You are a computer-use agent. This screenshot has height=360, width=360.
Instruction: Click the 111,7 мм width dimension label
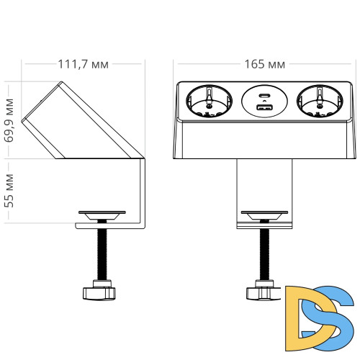[x=84, y=64]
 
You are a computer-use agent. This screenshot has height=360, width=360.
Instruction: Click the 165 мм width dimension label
[x=266, y=64]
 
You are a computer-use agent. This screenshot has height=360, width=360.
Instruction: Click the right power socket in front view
[x=318, y=102]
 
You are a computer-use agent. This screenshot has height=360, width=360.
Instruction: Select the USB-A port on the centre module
[x=263, y=108]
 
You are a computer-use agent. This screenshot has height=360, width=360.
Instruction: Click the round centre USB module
[x=263, y=102]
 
